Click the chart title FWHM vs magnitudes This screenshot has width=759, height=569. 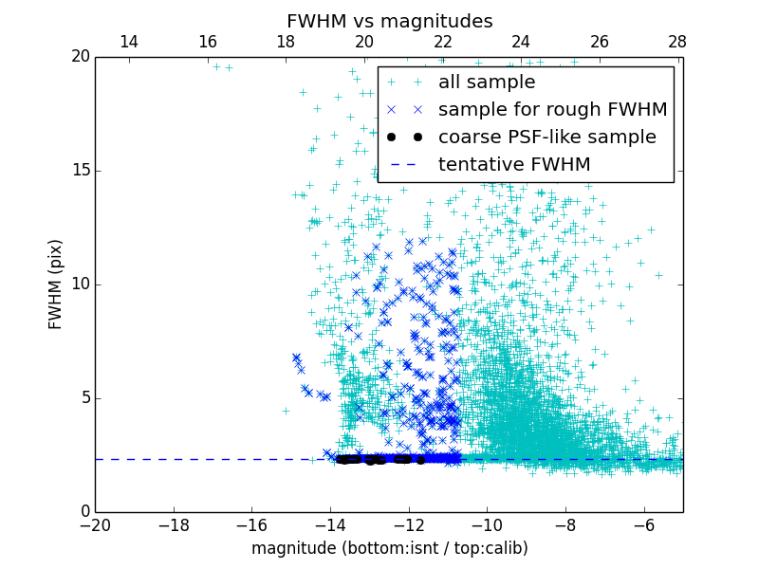coord(389,21)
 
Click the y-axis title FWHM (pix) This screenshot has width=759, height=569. coord(56,284)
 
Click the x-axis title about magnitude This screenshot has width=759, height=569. coord(389,548)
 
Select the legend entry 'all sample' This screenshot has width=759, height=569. coord(486,83)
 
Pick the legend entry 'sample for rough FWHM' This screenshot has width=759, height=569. coord(552,110)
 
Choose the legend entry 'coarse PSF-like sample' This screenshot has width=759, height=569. coord(546,138)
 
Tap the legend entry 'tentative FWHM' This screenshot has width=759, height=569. coord(513,165)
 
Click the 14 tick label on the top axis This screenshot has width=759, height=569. coord(128,43)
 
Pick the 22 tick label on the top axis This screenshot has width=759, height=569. coord(442,43)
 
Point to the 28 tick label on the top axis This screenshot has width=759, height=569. coord(677,43)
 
